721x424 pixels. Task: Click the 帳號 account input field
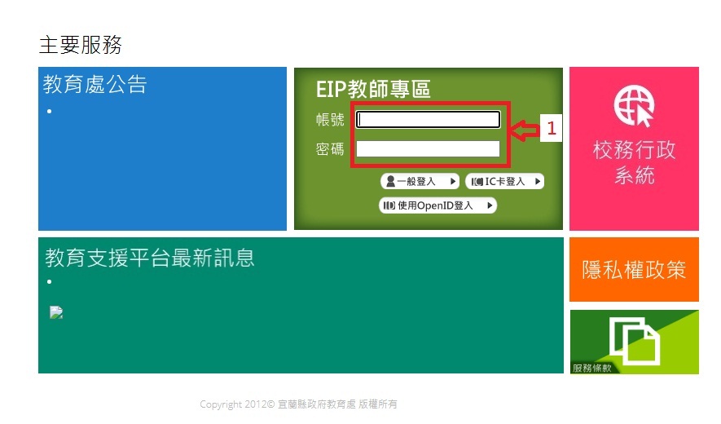428,120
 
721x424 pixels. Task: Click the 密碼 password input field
428,148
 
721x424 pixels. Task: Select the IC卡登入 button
505,181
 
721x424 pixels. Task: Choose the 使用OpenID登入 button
437,205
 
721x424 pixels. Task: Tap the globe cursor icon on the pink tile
634,106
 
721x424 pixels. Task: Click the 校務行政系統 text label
634,162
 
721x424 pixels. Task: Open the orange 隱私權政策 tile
634,270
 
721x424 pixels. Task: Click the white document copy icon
635,340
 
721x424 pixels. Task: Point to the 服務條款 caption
591,369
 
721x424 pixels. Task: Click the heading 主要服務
81,45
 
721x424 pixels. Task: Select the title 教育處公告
95,85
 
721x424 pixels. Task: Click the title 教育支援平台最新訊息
149,258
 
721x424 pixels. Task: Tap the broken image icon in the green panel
56,312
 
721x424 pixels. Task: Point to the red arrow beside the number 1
525,130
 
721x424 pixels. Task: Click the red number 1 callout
552,128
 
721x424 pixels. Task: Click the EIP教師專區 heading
373,90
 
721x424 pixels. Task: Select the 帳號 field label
330,120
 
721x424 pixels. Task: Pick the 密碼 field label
330,149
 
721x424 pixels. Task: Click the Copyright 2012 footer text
298,404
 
